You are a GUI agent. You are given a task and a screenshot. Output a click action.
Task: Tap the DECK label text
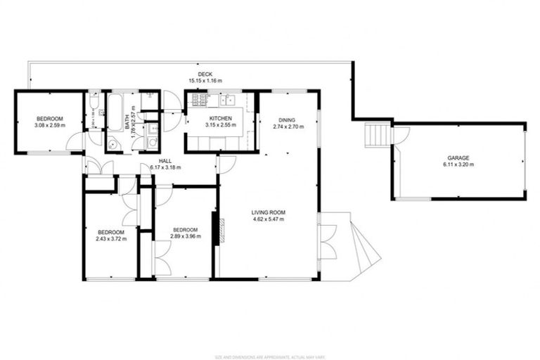tap(205, 75)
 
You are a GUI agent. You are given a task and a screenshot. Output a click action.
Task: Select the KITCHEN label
tap(220, 118)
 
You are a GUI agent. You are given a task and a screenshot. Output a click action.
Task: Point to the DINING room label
tap(286, 120)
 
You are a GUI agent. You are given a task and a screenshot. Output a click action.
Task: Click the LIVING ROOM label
tap(269, 212)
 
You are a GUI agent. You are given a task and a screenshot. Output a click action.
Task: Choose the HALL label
tap(165, 161)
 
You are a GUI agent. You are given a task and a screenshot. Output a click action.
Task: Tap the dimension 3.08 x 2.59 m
tap(49, 125)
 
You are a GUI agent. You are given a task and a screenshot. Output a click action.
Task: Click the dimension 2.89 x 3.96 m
tap(186, 236)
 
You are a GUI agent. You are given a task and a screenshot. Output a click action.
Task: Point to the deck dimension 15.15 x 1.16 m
tap(205, 82)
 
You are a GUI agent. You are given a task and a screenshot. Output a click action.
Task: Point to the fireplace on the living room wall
tap(218, 231)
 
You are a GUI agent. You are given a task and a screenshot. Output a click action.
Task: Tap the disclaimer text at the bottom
tap(269, 356)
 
